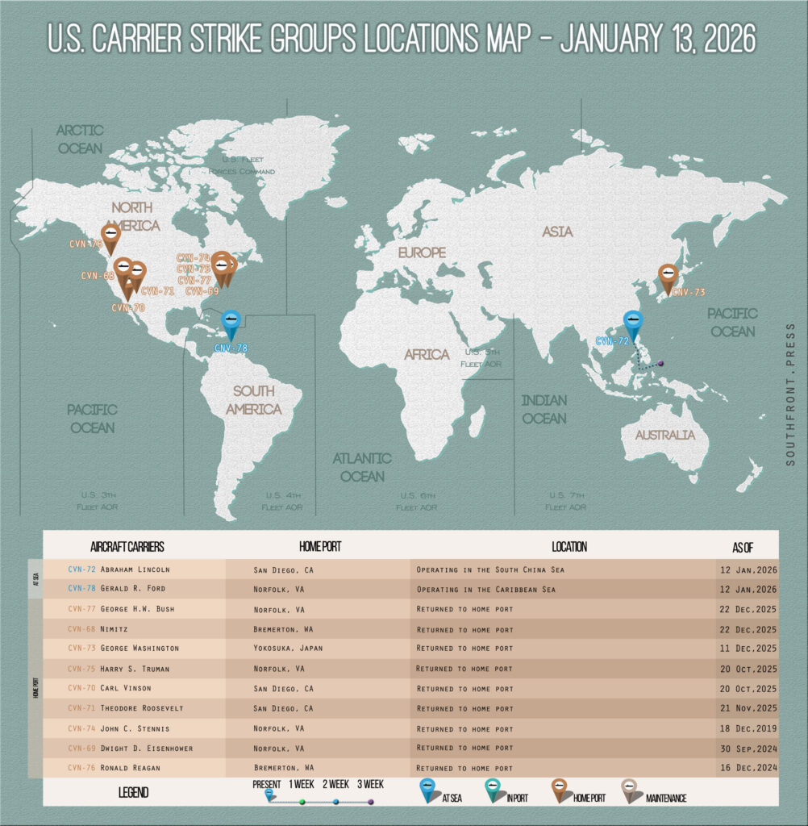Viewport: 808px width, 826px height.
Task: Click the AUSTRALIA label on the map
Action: pos(664,435)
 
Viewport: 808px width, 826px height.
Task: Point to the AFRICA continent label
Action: pos(427,354)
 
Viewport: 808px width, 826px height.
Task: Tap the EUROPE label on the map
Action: pos(421,253)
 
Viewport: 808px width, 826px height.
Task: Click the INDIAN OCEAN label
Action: pos(544,409)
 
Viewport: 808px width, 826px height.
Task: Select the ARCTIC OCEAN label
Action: pos(80,139)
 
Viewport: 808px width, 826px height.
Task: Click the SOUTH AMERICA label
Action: pos(253,400)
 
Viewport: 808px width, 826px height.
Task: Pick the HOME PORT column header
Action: pos(319,546)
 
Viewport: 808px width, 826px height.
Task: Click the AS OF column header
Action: pos(743,547)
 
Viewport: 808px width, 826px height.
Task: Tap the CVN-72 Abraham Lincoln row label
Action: pos(119,569)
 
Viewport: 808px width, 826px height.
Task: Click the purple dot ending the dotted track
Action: pos(660,364)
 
